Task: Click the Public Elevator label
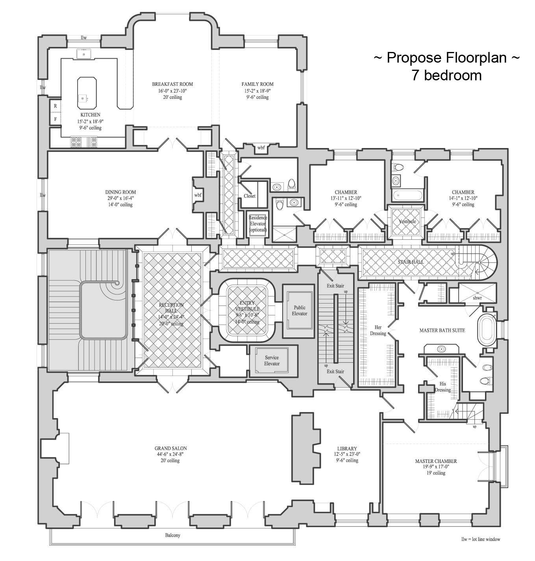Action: click(300, 311)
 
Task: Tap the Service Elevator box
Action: click(272, 361)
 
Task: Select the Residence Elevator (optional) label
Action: click(258, 224)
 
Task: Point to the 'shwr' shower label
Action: click(477, 298)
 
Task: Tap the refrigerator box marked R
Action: click(56, 106)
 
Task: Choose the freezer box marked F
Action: click(56, 118)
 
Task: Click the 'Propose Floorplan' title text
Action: click(446, 57)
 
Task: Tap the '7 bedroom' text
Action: click(446, 75)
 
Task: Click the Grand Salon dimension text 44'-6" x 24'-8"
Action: click(170, 454)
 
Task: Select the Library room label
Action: click(347, 448)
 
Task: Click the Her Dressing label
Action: click(376, 330)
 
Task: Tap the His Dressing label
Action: click(442, 387)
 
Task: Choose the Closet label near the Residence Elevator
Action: click(250, 196)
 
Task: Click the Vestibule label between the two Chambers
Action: click(407, 221)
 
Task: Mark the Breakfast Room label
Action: click(172, 84)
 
